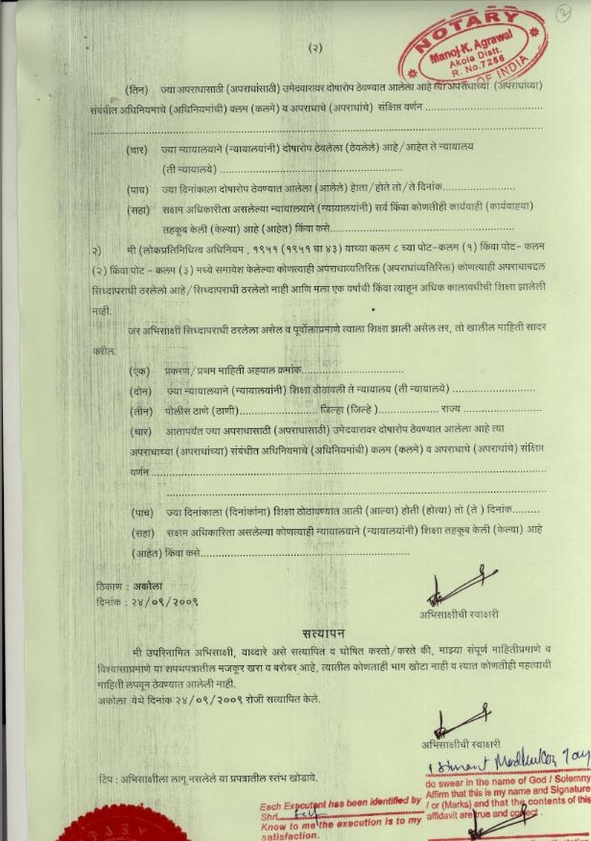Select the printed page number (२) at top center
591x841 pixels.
pos(316,47)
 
